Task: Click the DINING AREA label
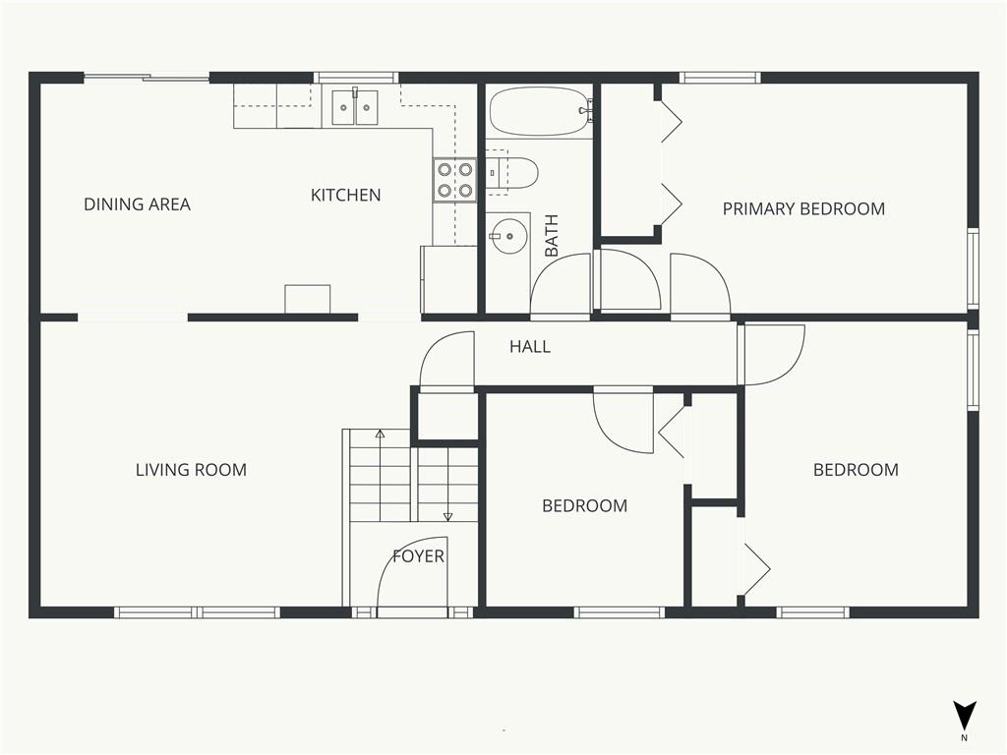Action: (x=138, y=204)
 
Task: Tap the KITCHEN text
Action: (x=345, y=196)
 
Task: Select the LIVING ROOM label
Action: (x=191, y=470)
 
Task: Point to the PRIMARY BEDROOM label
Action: (x=803, y=208)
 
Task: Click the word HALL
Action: (x=530, y=347)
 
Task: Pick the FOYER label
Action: (x=418, y=556)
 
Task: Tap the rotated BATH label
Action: (x=552, y=236)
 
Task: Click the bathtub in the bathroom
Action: (x=540, y=112)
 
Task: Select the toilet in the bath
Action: (x=510, y=173)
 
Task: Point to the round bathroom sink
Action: (x=508, y=236)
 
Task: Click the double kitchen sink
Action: (x=355, y=107)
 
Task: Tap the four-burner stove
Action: (x=454, y=181)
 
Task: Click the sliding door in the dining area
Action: (x=147, y=79)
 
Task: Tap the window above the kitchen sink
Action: (x=356, y=78)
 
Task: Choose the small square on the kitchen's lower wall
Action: (x=308, y=299)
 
